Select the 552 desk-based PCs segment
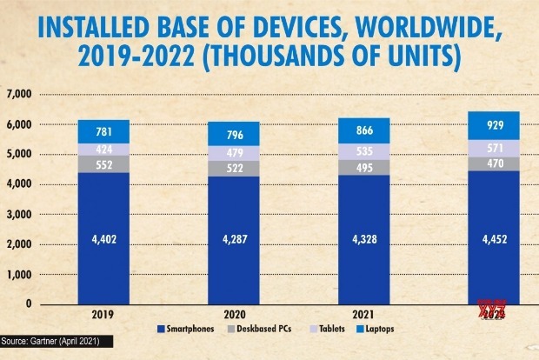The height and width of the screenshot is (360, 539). coord(103,163)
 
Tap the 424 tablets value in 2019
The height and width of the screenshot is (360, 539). coord(103,148)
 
